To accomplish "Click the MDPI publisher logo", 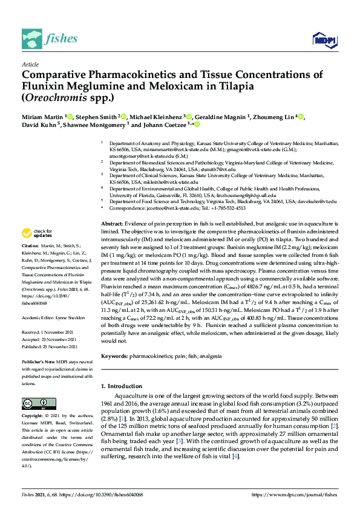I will (x=325, y=40).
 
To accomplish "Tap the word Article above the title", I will (x=30, y=63).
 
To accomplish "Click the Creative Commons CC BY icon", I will (x=34, y=403).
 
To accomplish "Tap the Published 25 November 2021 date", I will (x=49, y=346).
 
